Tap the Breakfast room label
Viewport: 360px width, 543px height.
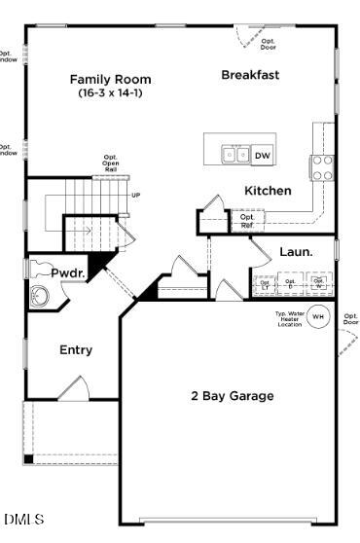pyautogui.click(x=250, y=75)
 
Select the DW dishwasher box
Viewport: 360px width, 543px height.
pyautogui.click(x=263, y=155)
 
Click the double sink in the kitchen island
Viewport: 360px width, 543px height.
pyautogui.click(x=234, y=154)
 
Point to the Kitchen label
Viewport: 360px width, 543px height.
pyautogui.click(x=267, y=191)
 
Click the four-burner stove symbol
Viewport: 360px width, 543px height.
pyautogui.click(x=321, y=167)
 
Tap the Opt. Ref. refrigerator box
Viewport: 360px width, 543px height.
pyautogui.click(x=247, y=222)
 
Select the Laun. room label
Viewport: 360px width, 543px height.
pyautogui.click(x=296, y=251)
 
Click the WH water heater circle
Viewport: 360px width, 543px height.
pyautogui.click(x=317, y=317)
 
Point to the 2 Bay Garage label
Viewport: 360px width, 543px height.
pyautogui.click(x=231, y=396)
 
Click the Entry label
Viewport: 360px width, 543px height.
pyautogui.click(x=76, y=349)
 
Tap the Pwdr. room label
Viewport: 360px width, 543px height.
pyautogui.click(x=68, y=274)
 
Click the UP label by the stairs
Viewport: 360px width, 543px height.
pyautogui.click(x=135, y=196)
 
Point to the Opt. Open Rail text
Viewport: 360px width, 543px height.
pyautogui.click(x=111, y=163)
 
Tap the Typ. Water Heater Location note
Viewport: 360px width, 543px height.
pyautogui.click(x=289, y=318)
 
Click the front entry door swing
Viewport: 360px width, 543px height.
pyautogui.click(x=72, y=388)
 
